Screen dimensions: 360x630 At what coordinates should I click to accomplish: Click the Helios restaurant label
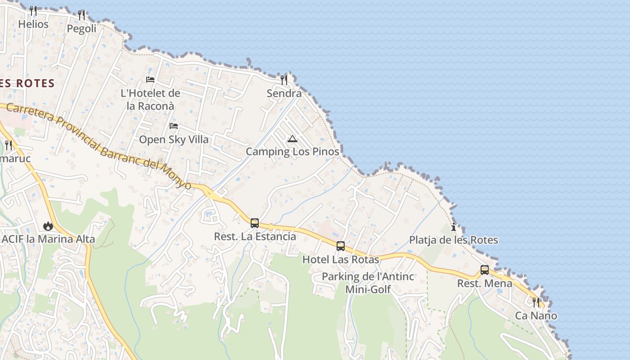click(x=33, y=24)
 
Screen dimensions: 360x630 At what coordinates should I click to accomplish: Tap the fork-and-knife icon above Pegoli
click(x=81, y=15)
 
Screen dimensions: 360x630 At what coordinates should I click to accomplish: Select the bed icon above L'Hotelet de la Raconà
click(x=150, y=80)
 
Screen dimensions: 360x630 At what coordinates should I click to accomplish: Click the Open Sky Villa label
click(x=174, y=139)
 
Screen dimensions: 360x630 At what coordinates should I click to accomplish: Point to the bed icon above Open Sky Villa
click(x=174, y=126)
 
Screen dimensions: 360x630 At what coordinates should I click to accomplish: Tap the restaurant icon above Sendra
click(x=284, y=80)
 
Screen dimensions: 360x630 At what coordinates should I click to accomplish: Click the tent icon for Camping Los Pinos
click(x=292, y=139)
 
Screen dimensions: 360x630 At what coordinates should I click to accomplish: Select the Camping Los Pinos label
click(x=292, y=152)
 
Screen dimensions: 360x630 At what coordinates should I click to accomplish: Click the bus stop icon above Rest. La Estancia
click(x=255, y=223)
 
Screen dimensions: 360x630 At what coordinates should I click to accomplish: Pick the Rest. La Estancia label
click(x=255, y=236)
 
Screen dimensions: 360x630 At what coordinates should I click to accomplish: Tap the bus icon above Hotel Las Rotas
click(x=341, y=246)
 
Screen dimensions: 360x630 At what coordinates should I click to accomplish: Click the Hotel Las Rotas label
click(x=341, y=260)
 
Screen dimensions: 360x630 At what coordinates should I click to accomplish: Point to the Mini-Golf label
click(x=368, y=289)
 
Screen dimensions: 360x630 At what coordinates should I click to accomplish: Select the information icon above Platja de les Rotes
click(x=454, y=227)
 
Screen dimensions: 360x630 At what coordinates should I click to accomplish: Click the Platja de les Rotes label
click(x=453, y=240)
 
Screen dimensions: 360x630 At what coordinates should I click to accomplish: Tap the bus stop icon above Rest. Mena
click(x=485, y=270)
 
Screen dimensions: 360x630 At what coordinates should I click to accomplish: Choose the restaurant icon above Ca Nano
click(x=536, y=302)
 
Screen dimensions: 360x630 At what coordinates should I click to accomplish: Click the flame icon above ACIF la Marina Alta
click(x=48, y=225)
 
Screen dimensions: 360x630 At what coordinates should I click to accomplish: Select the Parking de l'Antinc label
click(x=368, y=276)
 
